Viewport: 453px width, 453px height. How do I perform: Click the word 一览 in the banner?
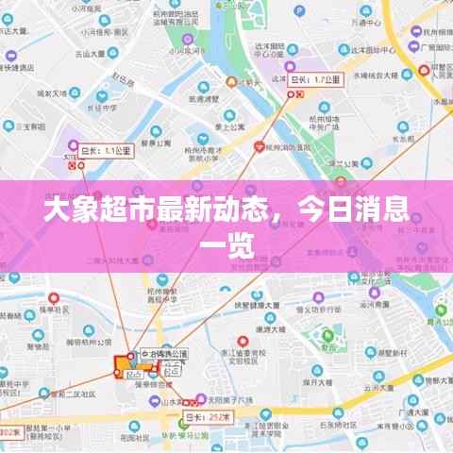pos(226,246)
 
